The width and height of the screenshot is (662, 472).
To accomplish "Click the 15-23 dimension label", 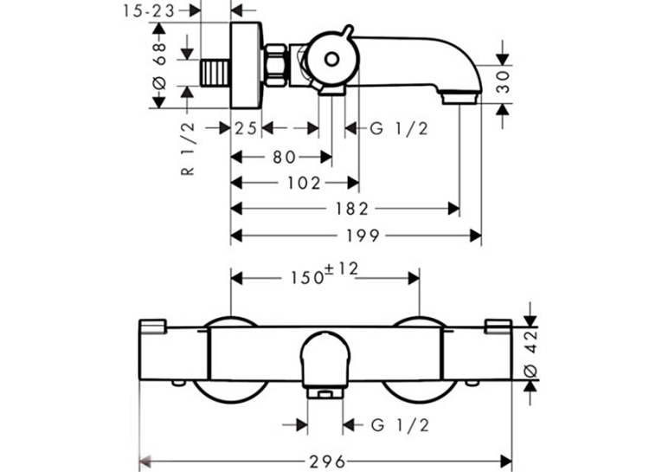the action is [x=149, y=11].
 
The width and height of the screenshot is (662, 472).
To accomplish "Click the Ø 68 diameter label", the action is [x=160, y=66].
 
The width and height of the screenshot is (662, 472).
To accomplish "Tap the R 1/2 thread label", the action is [x=189, y=148].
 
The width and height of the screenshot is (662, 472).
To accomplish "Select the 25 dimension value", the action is [x=246, y=128].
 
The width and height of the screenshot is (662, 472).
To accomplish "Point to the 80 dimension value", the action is [x=284, y=158].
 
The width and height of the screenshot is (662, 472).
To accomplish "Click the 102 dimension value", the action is [x=304, y=183].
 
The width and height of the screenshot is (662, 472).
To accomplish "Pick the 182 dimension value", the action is [x=351, y=209].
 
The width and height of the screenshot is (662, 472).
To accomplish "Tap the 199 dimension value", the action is [x=363, y=236].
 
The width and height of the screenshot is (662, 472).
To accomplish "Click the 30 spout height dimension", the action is [x=503, y=82].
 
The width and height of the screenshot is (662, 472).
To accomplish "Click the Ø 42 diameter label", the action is [x=530, y=353].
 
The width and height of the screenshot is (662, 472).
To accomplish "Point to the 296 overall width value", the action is [x=327, y=461].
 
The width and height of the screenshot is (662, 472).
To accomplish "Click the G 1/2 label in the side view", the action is [x=399, y=128].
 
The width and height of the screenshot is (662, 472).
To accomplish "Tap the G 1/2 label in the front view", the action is [x=400, y=425].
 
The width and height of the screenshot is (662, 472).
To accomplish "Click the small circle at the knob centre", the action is [x=331, y=59].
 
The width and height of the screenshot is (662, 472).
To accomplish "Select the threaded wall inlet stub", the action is [x=215, y=73].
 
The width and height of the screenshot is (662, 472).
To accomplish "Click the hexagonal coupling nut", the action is [x=275, y=65].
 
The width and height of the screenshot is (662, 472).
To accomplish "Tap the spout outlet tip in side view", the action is [x=460, y=100].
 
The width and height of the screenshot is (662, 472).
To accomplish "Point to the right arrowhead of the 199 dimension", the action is [x=476, y=236].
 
